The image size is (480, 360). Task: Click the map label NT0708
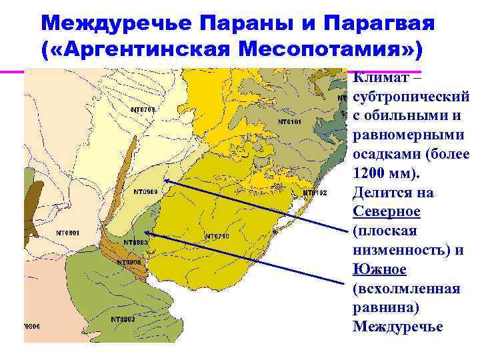tap(143, 109)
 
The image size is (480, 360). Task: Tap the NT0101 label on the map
tap(290, 123)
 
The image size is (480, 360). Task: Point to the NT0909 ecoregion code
tap(145, 192)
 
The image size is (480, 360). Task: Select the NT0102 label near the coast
tap(315, 193)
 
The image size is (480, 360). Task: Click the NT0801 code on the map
tap(67, 233)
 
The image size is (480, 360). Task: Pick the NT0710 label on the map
tap(217, 236)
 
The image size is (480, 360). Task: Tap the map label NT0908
tap(129, 262)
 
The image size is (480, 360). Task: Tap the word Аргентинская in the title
tap(149, 49)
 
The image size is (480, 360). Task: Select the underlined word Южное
tap(380, 269)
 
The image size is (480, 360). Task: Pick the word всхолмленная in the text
tap(406, 289)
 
